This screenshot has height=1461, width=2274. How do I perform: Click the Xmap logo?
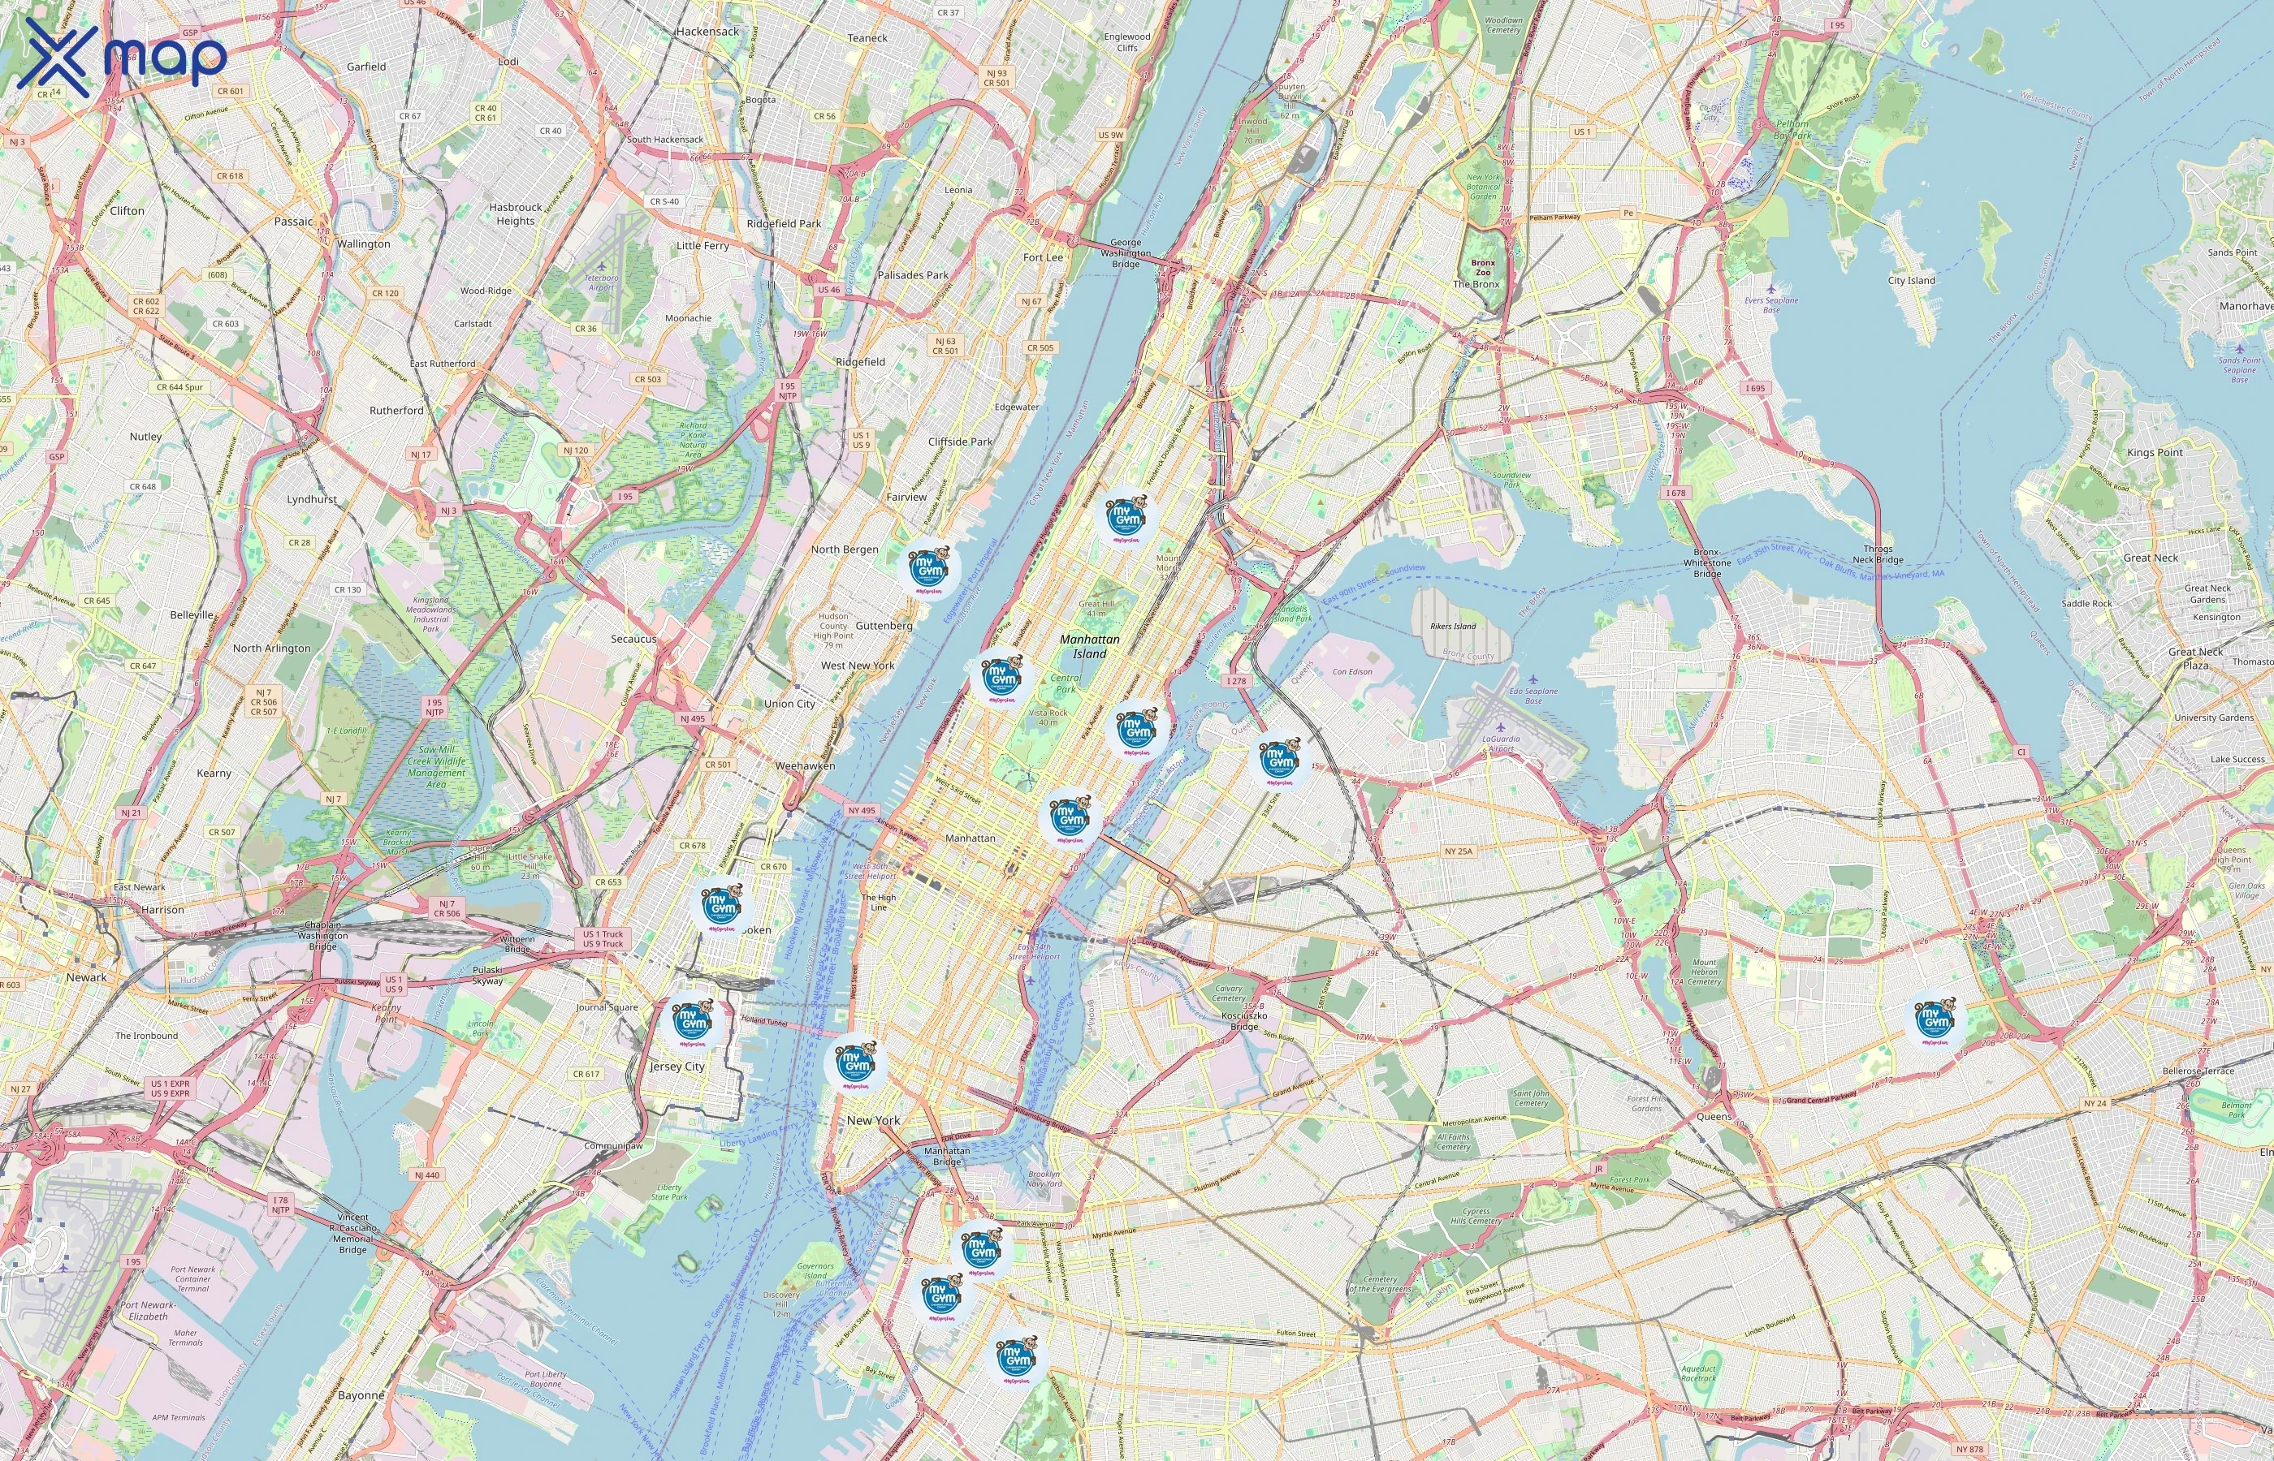[x=122, y=57]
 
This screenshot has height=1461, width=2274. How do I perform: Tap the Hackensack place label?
[x=707, y=32]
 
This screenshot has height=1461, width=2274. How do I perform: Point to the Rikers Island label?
[x=1453, y=626]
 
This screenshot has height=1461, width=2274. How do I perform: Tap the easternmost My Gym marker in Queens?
[x=1935, y=1022]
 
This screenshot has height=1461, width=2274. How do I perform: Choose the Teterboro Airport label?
[x=601, y=282]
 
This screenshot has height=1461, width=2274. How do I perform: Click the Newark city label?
[x=86, y=977]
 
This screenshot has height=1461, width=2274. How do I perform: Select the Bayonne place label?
[x=361, y=1395]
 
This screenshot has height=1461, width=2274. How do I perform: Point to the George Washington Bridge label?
[x=1126, y=253]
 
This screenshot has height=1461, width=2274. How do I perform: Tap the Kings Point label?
[x=2155, y=453]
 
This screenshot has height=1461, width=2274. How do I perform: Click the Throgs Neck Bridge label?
[x=1878, y=554]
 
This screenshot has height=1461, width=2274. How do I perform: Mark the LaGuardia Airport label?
[x=1501, y=743]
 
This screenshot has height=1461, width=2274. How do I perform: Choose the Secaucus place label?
[x=633, y=640]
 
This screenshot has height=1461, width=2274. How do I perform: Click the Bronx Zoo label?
[x=1482, y=268]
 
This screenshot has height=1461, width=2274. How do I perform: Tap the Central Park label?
[x=1065, y=683]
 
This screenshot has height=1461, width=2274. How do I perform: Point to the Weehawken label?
[x=805, y=765]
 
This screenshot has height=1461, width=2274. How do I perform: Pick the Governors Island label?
[x=815, y=1270]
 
